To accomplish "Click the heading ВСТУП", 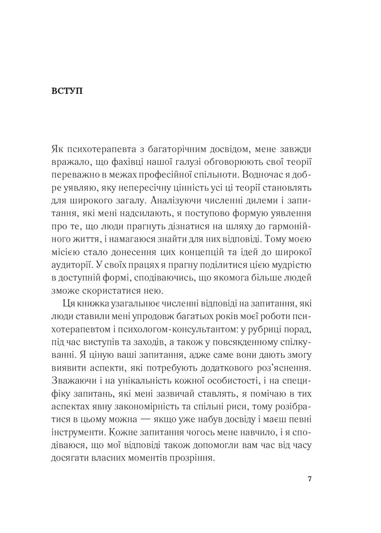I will pyautogui.click(x=66, y=91).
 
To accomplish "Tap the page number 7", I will pyautogui.click(x=310, y=479).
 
